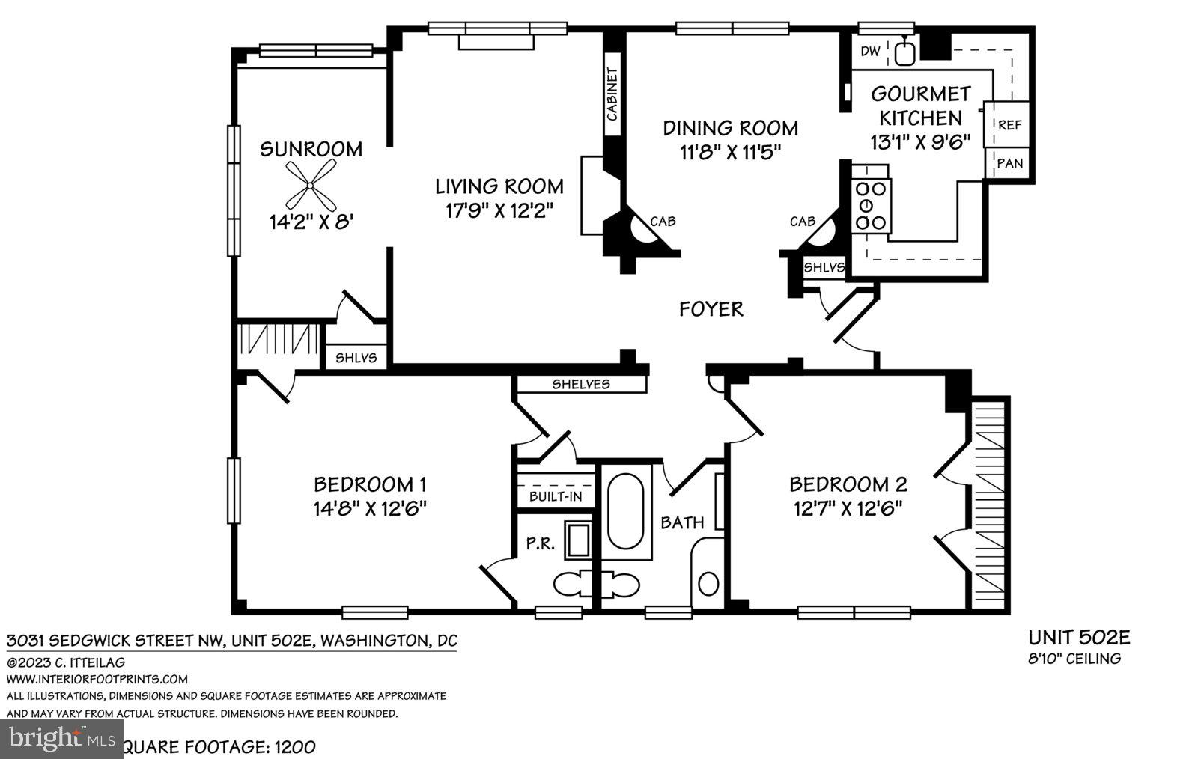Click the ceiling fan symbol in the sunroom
[x=311, y=186]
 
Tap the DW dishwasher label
[x=869, y=51]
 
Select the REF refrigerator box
[x=1009, y=125]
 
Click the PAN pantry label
[x=1009, y=162]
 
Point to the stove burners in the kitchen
[x=872, y=205]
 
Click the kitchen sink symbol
[x=905, y=52]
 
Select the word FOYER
[x=711, y=308]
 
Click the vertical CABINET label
[x=612, y=94]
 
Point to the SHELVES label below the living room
[x=581, y=385]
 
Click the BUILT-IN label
[x=555, y=496]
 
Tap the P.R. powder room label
[x=539, y=544]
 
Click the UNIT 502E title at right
[x=1078, y=638]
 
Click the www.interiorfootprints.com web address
[x=97, y=679]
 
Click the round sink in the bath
[x=708, y=583]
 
